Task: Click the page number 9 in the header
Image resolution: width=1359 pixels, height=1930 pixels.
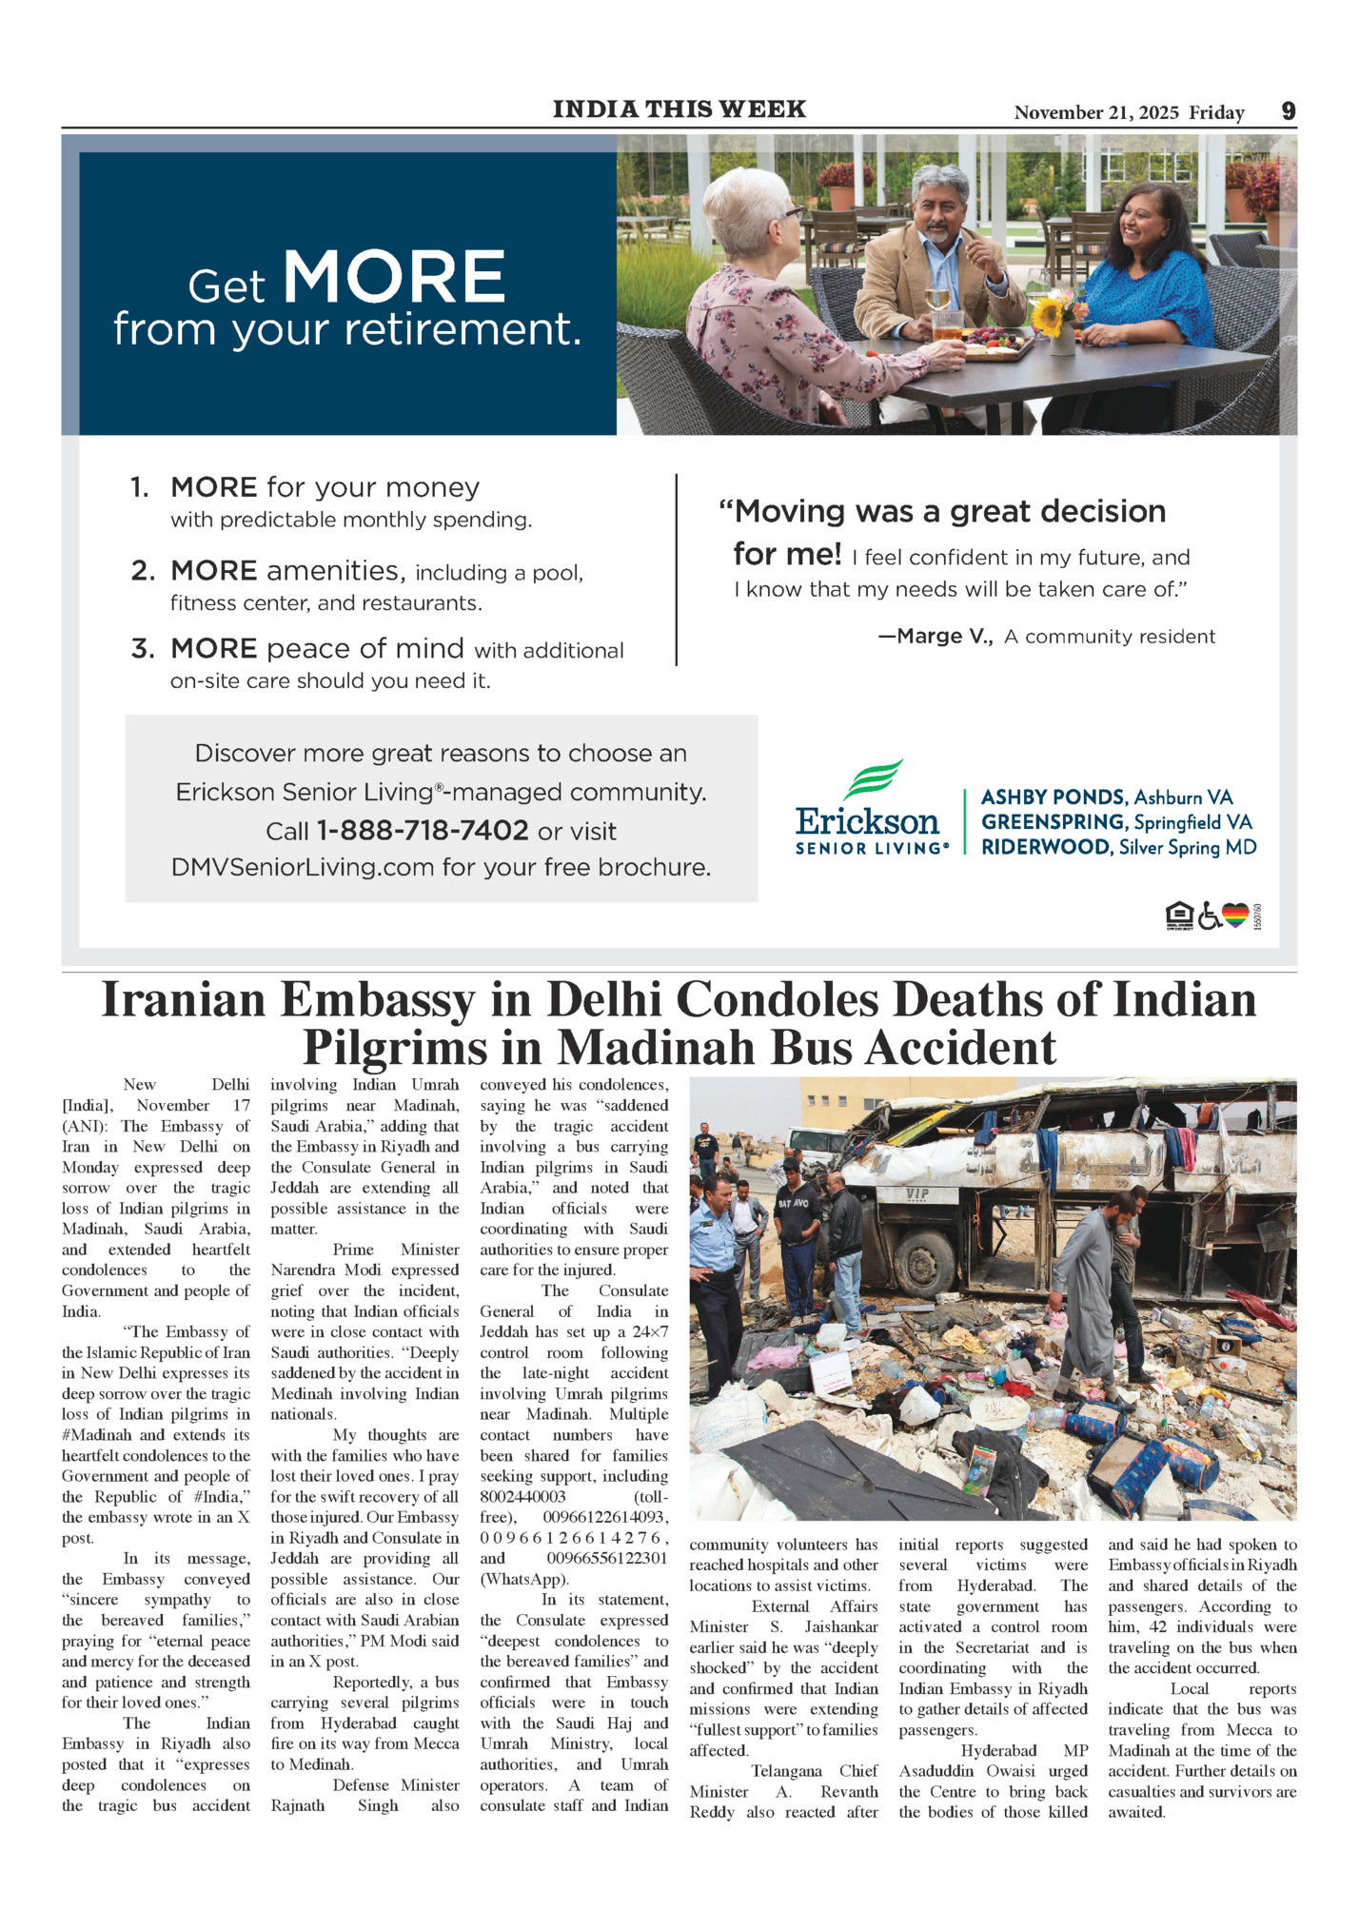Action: coord(1288,111)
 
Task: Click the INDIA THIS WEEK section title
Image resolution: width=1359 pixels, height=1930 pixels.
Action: coord(679,109)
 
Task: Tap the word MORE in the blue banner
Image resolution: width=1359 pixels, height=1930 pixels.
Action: coord(394,278)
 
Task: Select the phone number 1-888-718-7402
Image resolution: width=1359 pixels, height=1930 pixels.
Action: coord(422,831)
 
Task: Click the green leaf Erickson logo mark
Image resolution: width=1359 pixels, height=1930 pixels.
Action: coord(873,778)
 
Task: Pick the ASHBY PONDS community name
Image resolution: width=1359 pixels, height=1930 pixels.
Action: coord(1054,798)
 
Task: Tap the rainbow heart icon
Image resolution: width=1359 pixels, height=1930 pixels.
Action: coord(1235,916)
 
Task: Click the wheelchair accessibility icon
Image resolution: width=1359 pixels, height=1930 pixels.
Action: coord(1209,916)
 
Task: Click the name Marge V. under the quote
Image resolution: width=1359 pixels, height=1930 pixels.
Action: coord(936,637)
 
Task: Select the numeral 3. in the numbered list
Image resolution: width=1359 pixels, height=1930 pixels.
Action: coord(143,649)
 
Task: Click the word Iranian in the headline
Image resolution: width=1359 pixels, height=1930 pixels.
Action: coord(183,1000)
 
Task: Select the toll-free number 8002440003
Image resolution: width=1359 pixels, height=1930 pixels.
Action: coord(522,1497)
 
